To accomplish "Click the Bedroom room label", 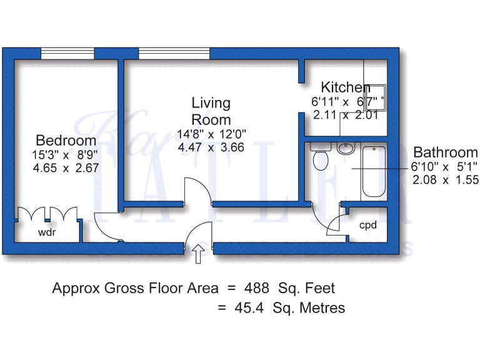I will pyautogui.click(x=66, y=141).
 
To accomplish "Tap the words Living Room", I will pyautogui.click(x=211, y=111).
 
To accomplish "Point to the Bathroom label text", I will pyautogui.click(x=446, y=152).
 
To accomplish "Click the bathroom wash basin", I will pyautogui.click(x=345, y=149).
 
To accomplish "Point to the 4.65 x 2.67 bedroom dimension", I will pyautogui.click(x=66, y=168).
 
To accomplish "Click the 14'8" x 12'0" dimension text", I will pyautogui.click(x=211, y=134).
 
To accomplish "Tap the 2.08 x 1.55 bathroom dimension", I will pyautogui.click(x=446, y=180).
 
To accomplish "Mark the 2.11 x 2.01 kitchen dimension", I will pyautogui.click(x=345, y=115).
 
